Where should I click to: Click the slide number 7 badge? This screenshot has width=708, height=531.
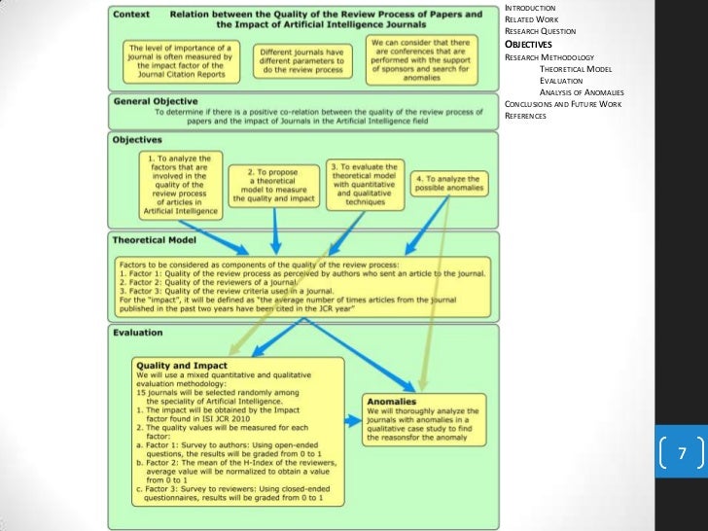click(x=682, y=454)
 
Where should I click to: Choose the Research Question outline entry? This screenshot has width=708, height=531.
click(x=540, y=32)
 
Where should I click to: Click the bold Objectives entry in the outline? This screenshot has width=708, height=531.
click(x=529, y=45)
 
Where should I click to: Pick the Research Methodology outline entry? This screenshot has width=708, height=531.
click(x=549, y=57)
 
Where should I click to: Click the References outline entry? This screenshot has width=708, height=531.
click(x=526, y=116)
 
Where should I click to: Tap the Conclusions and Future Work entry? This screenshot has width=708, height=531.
click(x=564, y=104)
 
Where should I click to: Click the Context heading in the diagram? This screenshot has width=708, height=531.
click(x=136, y=15)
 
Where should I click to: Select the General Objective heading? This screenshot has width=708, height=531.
click(x=156, y=101)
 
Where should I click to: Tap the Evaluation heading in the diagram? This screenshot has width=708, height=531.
click(x=138, y=333)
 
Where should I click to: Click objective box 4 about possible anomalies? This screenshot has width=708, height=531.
click(x=445, y=185)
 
